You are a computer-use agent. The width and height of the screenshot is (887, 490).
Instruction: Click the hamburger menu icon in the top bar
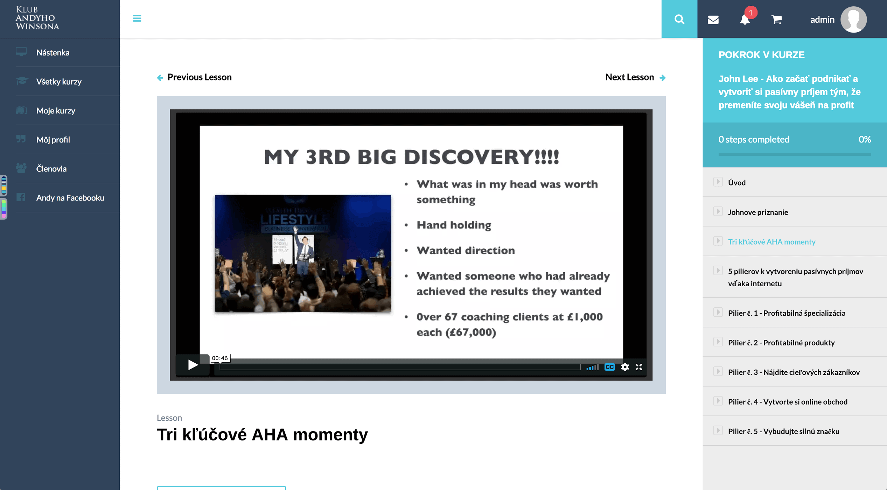[x=137, y=18]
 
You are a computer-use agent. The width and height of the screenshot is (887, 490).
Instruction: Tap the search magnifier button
[x=679, y=19]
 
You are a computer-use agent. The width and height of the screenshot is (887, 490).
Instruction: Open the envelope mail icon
[x=713, y=20]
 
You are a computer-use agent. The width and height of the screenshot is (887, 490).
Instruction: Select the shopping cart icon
[x=776, y=20]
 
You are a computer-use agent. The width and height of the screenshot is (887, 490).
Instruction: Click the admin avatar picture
[x=854, y=20]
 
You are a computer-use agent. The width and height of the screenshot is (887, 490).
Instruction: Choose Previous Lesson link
[x=194, y=77]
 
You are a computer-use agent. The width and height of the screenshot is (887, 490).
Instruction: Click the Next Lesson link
[x=635, y=77]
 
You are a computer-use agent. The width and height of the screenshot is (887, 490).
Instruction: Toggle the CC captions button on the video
[x=609, y=367]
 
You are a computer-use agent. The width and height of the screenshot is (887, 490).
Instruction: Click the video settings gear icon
[x=625, y=367]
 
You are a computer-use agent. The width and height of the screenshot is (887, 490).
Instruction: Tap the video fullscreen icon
[x=639, y=367]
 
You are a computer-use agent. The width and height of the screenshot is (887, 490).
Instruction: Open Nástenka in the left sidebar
[x=53, y=52]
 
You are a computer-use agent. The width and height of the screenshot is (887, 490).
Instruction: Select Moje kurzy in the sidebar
[x=56, y=111]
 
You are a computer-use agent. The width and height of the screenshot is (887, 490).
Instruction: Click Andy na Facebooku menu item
[x=70, y=198]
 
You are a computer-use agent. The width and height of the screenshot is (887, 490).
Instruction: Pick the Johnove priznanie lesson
[x=758, y=212]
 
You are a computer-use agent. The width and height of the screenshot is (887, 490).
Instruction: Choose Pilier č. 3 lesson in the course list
[x=794, y=372]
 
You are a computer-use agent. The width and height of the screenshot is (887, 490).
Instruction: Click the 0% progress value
[x=865, y=139]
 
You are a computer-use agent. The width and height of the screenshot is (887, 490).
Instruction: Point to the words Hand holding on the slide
[x=454, y=225]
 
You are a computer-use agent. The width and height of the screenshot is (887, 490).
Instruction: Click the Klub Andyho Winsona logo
[x=37, y=18]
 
